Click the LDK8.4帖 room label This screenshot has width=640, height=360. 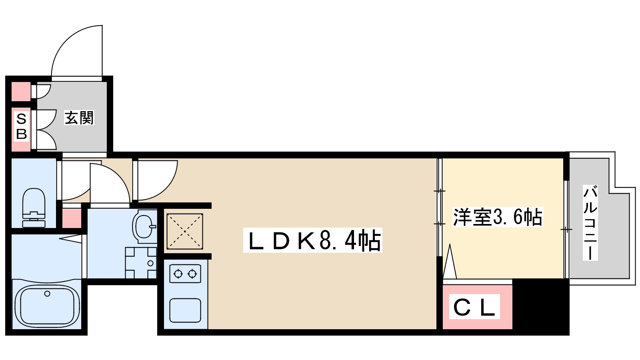(x=313, y=240)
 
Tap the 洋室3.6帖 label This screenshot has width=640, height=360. (x=497, y=217)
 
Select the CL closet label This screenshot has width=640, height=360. (x=474, y=307)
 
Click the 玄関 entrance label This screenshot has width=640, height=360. (x=79, y=118)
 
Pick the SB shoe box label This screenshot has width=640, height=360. (x=21, y=126)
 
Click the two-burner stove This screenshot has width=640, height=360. (x=185, y=274)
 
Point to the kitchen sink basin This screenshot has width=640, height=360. (x=185, y=310)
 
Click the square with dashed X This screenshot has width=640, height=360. (x=184, y=230)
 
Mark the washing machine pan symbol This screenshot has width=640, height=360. (x=141, y=263)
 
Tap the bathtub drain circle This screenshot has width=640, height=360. (x=47, y=294)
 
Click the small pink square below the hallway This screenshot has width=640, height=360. (x=72, y=218)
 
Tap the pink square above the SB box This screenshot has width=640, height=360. (x=20, y=91)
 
